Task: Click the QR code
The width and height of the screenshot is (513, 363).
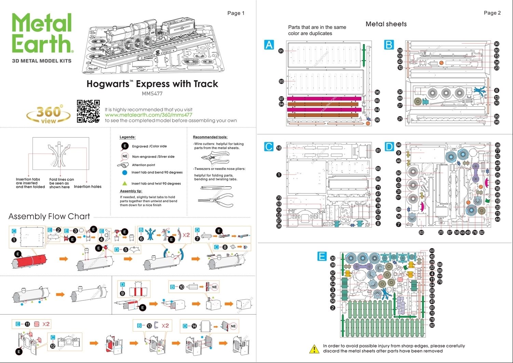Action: tap(88, 111)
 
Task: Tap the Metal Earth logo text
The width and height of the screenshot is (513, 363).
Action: tap(42, 33)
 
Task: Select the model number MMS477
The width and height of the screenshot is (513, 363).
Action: tap(152, 93)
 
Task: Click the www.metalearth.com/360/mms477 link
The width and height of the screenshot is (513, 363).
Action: tap(148, 115)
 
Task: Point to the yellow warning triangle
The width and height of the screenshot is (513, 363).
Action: tap(314, 349)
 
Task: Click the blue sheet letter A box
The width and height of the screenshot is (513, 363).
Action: tap(269, 45)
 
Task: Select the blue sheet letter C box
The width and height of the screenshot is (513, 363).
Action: tap(269, 147)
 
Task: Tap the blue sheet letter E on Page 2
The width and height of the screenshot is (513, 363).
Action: tap(322, 256)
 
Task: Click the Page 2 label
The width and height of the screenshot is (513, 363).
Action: tap(492, 13)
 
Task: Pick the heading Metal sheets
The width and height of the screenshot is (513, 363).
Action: tap(386, 24)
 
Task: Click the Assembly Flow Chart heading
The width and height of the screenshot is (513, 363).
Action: tap(49, 216)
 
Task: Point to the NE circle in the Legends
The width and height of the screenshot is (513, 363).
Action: tap(125, 156)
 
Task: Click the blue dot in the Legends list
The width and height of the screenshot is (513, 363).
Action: tap(125, 173)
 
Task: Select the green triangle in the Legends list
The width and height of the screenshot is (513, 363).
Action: tap(125, 183)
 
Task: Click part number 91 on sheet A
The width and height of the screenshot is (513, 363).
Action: tap(281, 51)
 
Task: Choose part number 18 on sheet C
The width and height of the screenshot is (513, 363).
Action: tap(279, 148)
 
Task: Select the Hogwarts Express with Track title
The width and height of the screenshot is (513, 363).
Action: tap(152, 84)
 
